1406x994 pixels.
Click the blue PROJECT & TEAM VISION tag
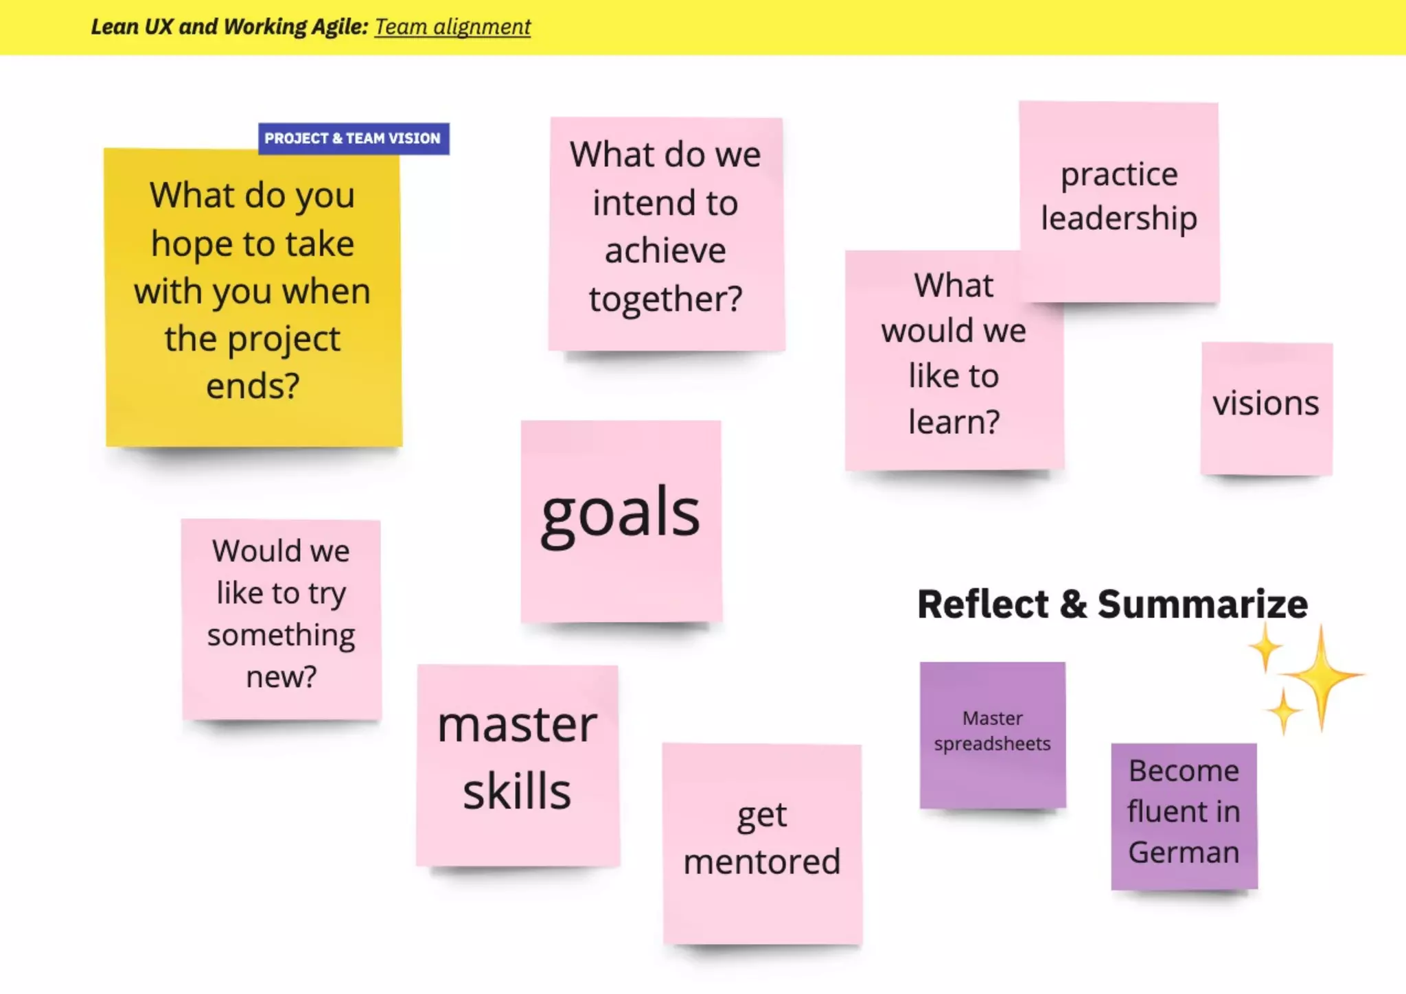click(353, 139)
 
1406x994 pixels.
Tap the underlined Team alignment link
click(452, 27)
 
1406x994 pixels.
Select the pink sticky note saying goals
click(621, 520)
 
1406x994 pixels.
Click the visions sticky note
click(1266, 408)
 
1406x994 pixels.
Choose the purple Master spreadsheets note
click(992, 733)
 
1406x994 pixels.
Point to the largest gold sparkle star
click(1322, 676)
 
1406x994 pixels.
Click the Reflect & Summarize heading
click(1112, 604)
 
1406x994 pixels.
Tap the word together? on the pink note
click(665, 300)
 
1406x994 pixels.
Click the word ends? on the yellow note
click(253, 386)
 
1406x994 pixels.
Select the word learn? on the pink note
click(954, 422)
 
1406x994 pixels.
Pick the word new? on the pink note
click(281, 678)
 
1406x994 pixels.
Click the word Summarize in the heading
click(1202, 604)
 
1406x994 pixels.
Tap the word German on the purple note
click(1184, 853)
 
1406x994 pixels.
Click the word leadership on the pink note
click(1119, 218)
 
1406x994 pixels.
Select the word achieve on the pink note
click(665, 251)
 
